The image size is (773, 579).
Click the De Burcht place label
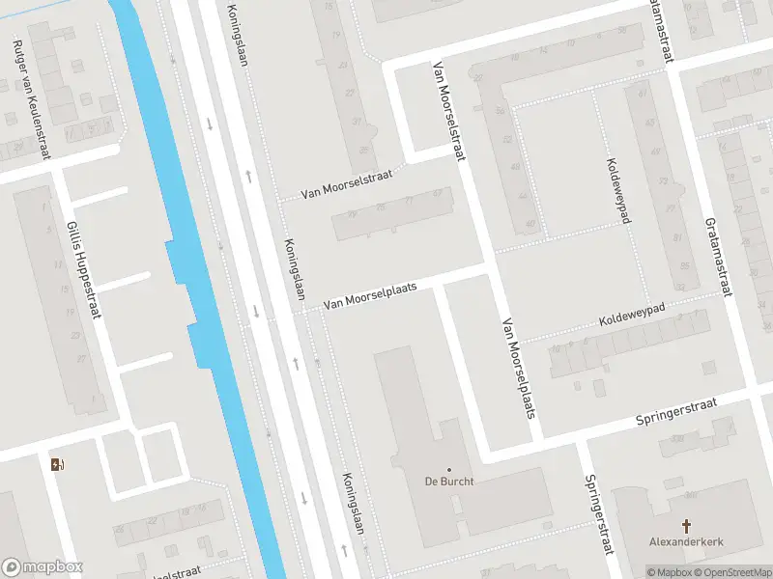[449, 482]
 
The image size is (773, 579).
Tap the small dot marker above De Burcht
[449, 470]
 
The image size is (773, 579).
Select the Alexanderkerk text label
[686, 543]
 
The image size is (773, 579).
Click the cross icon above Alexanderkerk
[687, 526]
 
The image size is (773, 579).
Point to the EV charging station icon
[57, 465]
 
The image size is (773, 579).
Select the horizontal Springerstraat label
[676, 412]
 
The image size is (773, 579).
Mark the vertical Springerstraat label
[598, 514]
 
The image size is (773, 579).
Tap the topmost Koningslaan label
[238, 35]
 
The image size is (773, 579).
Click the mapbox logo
[43, 567]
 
